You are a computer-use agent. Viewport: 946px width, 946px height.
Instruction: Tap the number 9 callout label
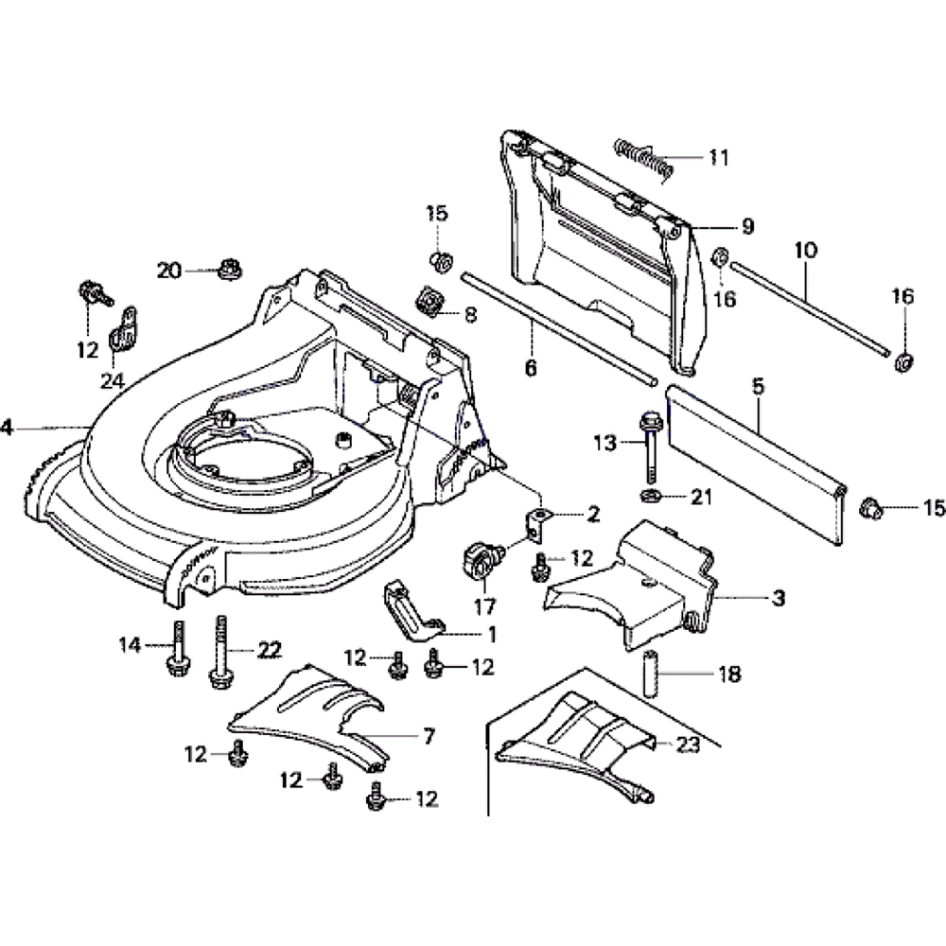747,226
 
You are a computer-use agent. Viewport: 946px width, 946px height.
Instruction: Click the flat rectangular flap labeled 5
757,464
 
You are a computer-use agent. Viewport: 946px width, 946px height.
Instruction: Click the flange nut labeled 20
226,270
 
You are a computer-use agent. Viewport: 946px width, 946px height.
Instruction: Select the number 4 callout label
7,428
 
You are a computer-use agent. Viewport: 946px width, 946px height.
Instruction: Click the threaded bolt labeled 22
220,653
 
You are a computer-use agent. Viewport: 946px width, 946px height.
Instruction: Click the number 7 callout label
429,735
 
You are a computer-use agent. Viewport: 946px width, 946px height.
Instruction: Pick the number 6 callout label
530,367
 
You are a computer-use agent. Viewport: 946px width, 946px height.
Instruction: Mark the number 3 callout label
778,598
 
